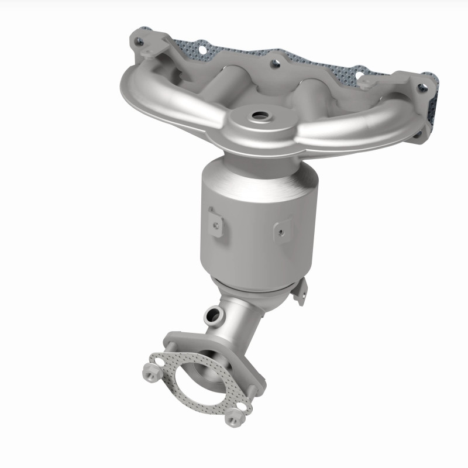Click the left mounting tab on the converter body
[x=215, y=222]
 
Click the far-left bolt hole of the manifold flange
[x=138, y=42]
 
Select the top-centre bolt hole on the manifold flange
[x=273, y=63]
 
